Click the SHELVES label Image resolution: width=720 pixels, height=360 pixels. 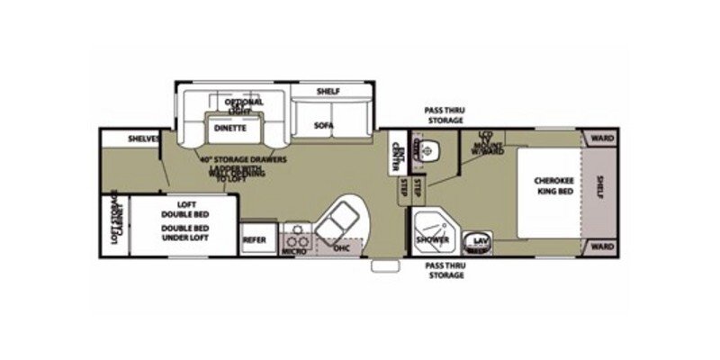144,139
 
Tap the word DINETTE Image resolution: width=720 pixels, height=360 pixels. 230,128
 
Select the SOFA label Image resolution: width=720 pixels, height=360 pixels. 324,125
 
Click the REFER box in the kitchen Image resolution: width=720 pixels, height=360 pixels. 254,240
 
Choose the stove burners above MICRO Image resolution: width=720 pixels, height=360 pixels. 296,238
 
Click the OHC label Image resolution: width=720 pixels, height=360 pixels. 340,247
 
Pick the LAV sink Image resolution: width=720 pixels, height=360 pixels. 478,242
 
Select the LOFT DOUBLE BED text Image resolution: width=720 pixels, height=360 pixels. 187,209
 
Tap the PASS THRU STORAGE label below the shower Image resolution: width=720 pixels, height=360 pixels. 445,271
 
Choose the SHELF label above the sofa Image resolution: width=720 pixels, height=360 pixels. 327,91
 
